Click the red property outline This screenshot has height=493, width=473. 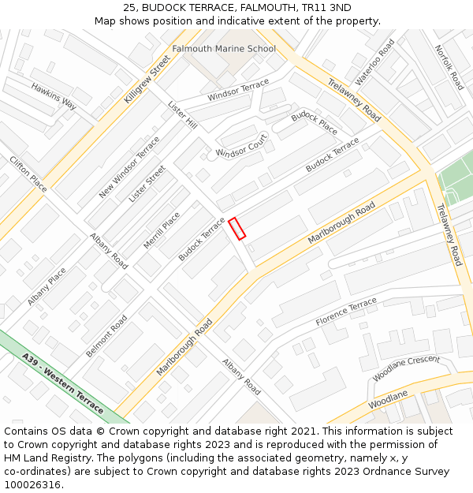pos(237,228)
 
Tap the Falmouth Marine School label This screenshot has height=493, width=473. pos(224,49)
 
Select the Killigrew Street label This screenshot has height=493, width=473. pos(147,80)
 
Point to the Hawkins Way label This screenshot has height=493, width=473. pos(54,95)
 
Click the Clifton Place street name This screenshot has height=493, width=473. pos(28,174)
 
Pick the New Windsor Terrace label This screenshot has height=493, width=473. pos(129,167)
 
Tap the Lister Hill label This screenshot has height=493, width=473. pos(182,114)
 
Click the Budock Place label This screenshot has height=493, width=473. pos(315,123)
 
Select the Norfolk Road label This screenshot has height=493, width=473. pos(448,67)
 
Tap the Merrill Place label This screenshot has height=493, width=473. pos(162,230)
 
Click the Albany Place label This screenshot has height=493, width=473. pos(47,286)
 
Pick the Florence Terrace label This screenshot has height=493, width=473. pos(346,312)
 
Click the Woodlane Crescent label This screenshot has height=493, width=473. pos(406,368)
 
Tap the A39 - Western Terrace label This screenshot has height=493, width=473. pos(63,383)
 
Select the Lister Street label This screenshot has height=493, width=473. pos(147,184)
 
